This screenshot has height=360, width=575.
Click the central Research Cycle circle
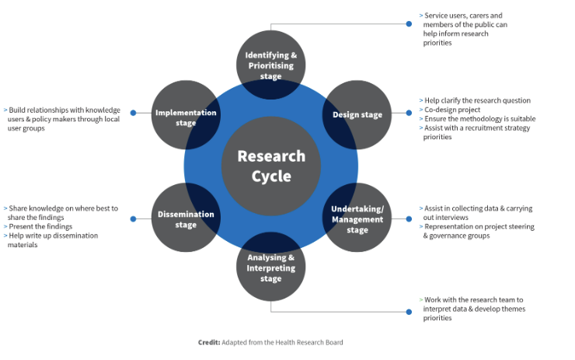(x=271, y=166)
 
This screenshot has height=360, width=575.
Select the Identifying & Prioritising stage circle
(x=270, y=65)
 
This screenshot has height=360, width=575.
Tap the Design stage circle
(x=357, y=115)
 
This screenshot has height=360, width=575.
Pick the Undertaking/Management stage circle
(x=357, y=217)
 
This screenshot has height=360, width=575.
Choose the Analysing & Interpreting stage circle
(x=270, y=267)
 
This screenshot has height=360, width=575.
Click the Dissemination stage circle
(x=186, y=217)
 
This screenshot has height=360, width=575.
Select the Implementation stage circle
(x=186, y=115)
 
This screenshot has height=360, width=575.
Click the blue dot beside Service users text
(x=409, y=24)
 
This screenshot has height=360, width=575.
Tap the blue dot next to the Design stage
(x=409, y=113)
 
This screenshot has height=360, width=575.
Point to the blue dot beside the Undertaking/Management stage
(x=409, y=218)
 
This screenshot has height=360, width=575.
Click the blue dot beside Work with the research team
(x=409, y=312)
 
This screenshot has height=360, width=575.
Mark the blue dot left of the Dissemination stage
(x=133, y=218)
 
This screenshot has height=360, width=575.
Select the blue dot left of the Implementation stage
(x=133, y=113)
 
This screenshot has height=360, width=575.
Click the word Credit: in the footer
(x=209, y=342)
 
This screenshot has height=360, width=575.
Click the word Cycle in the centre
(x=271, y=177)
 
